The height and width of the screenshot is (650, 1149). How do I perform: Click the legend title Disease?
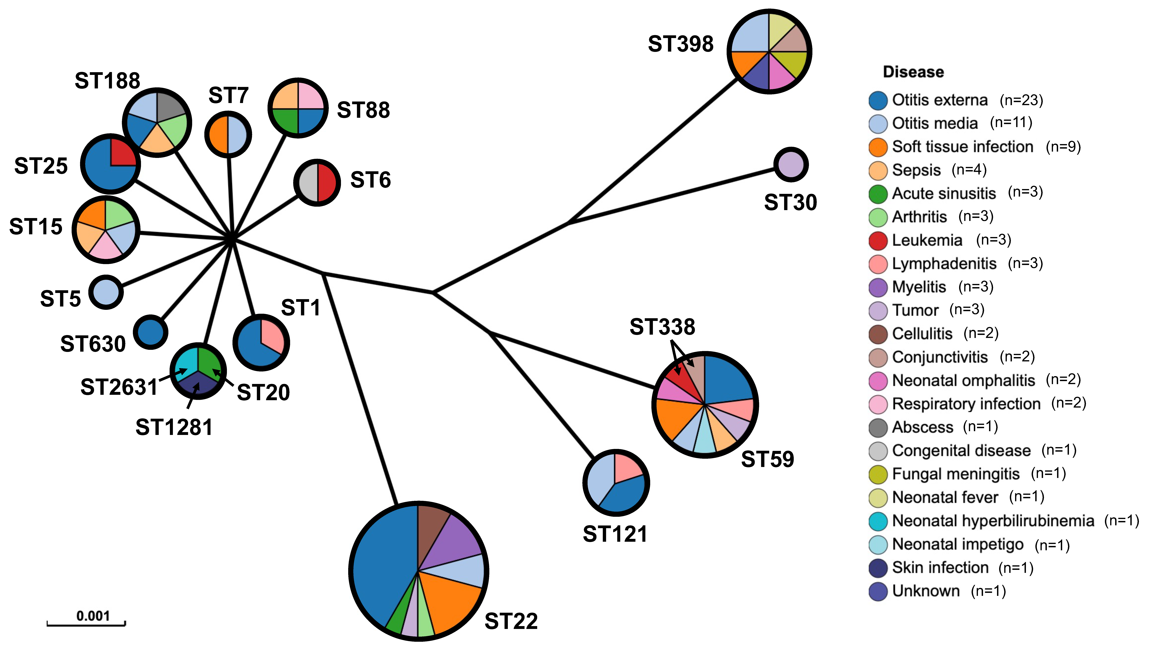(x=913, y=72)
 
